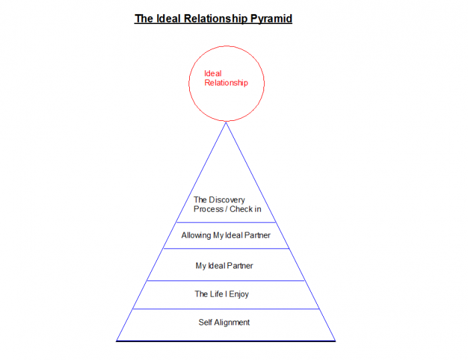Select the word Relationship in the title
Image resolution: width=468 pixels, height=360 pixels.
[214, 19]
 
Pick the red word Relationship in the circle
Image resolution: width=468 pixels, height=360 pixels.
[226, 83]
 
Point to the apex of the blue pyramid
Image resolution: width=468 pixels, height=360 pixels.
[226, 122]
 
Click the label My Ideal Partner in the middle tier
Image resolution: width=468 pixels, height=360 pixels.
[224, 266]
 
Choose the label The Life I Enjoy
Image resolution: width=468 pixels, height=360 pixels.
[221, 294]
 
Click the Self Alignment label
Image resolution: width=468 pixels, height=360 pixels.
[224, 323]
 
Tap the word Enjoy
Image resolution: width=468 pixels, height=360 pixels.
[239, 294]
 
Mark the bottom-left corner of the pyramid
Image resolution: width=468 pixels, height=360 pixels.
[117, 341]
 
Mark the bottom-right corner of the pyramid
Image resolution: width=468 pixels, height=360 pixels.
[335, 341]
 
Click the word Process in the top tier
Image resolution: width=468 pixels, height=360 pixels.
[208, 209]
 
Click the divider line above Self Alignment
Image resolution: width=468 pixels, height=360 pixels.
[226, 309]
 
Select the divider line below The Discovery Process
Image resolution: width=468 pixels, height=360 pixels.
[226, 222]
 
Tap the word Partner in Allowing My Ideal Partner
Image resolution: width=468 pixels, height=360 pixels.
[256, 236]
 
